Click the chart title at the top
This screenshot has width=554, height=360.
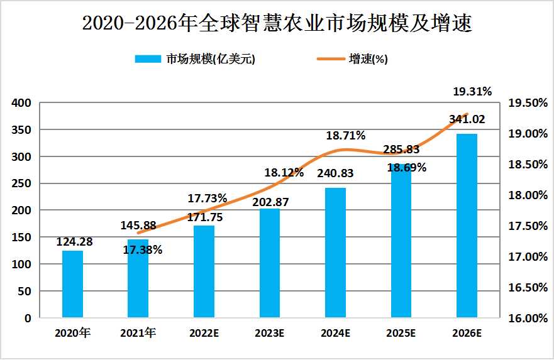277,24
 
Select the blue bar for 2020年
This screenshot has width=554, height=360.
72,284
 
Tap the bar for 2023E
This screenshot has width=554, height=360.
270,263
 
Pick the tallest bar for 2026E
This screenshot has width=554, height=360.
467,226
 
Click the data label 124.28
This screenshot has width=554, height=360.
74,241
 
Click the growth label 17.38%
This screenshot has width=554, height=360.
142,250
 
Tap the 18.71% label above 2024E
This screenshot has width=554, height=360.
345,135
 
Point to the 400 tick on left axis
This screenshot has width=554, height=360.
22,103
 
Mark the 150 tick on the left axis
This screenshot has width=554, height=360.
22,237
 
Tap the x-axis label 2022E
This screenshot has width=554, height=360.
204,334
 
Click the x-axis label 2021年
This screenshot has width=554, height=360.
138,334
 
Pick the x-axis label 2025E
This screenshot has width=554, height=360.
401,334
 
